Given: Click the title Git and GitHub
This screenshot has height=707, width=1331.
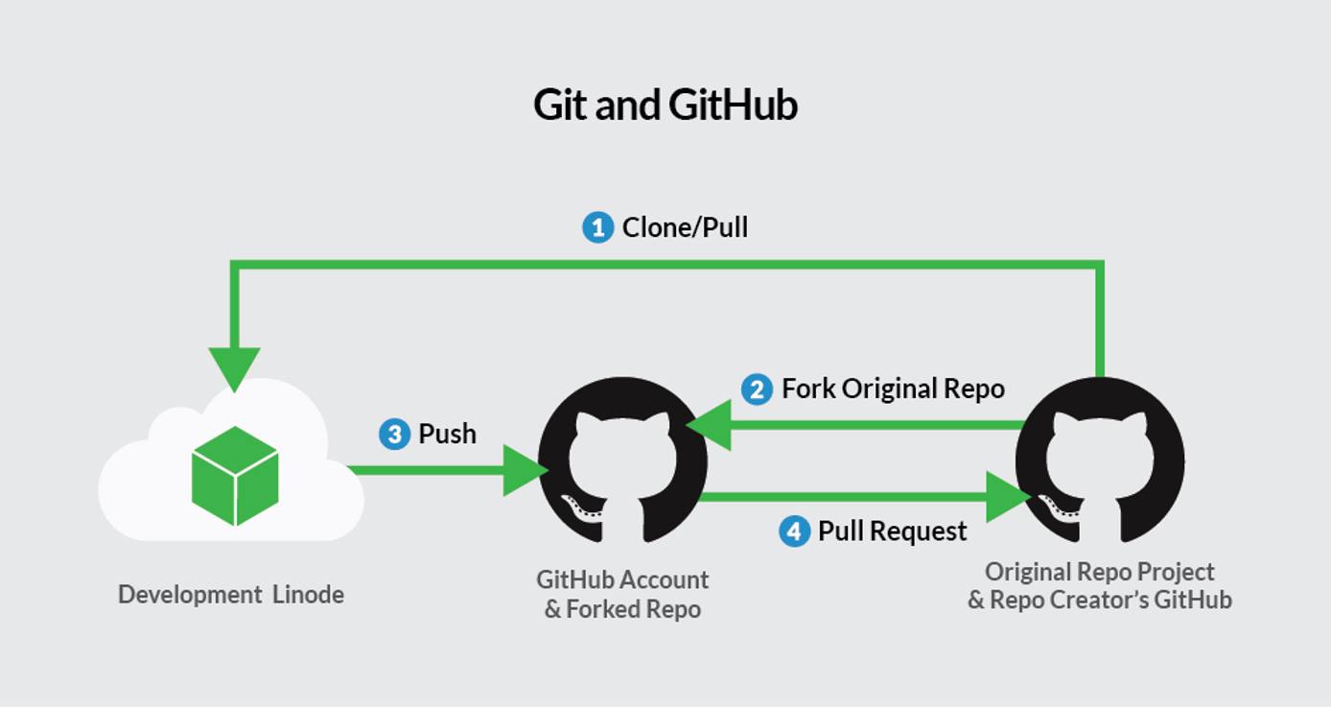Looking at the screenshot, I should pyautogui.click(x=665, y=105).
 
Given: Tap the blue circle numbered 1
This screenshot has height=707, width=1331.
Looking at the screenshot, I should pyautogui.click(x=597, y=227).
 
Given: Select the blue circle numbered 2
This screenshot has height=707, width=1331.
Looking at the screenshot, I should pyautogui.click(x=757, y=389).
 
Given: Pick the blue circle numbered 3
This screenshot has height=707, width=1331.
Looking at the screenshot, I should pyautogui.click(x=394, y=434).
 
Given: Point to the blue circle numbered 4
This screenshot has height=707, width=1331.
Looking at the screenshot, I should pyautogui.click(x=794, y=530).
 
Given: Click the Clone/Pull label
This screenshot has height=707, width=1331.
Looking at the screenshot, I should pyautogui.click(x=685, y=227).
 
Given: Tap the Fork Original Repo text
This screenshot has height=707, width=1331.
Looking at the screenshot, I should pyautogui.click(x=893, y=389).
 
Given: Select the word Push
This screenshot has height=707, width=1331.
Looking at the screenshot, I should pyautogui.click(x=447, y=434).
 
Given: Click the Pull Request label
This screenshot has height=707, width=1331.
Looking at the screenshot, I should pyautogui.click(x=892, y=530).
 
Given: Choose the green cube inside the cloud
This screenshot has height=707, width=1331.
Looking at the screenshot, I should pyautogui.click(x=235, y=476).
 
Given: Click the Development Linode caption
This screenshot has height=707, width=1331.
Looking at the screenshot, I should pyautogui.click(x=230, y=595).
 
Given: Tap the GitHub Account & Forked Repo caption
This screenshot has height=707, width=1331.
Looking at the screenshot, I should pyautogui.click(x=622, y=594).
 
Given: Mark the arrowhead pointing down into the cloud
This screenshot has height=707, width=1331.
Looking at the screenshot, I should pyautogui.click(x=234, y=368).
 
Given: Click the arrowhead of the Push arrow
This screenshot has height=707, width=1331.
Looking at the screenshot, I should pyautogui.click(x=525, y=470).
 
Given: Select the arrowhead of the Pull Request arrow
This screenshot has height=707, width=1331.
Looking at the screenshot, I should pyautogui.click(x=1008, y=497).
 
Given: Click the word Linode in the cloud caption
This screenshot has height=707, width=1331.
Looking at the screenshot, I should pyautogui.click(x=308, y=595).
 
